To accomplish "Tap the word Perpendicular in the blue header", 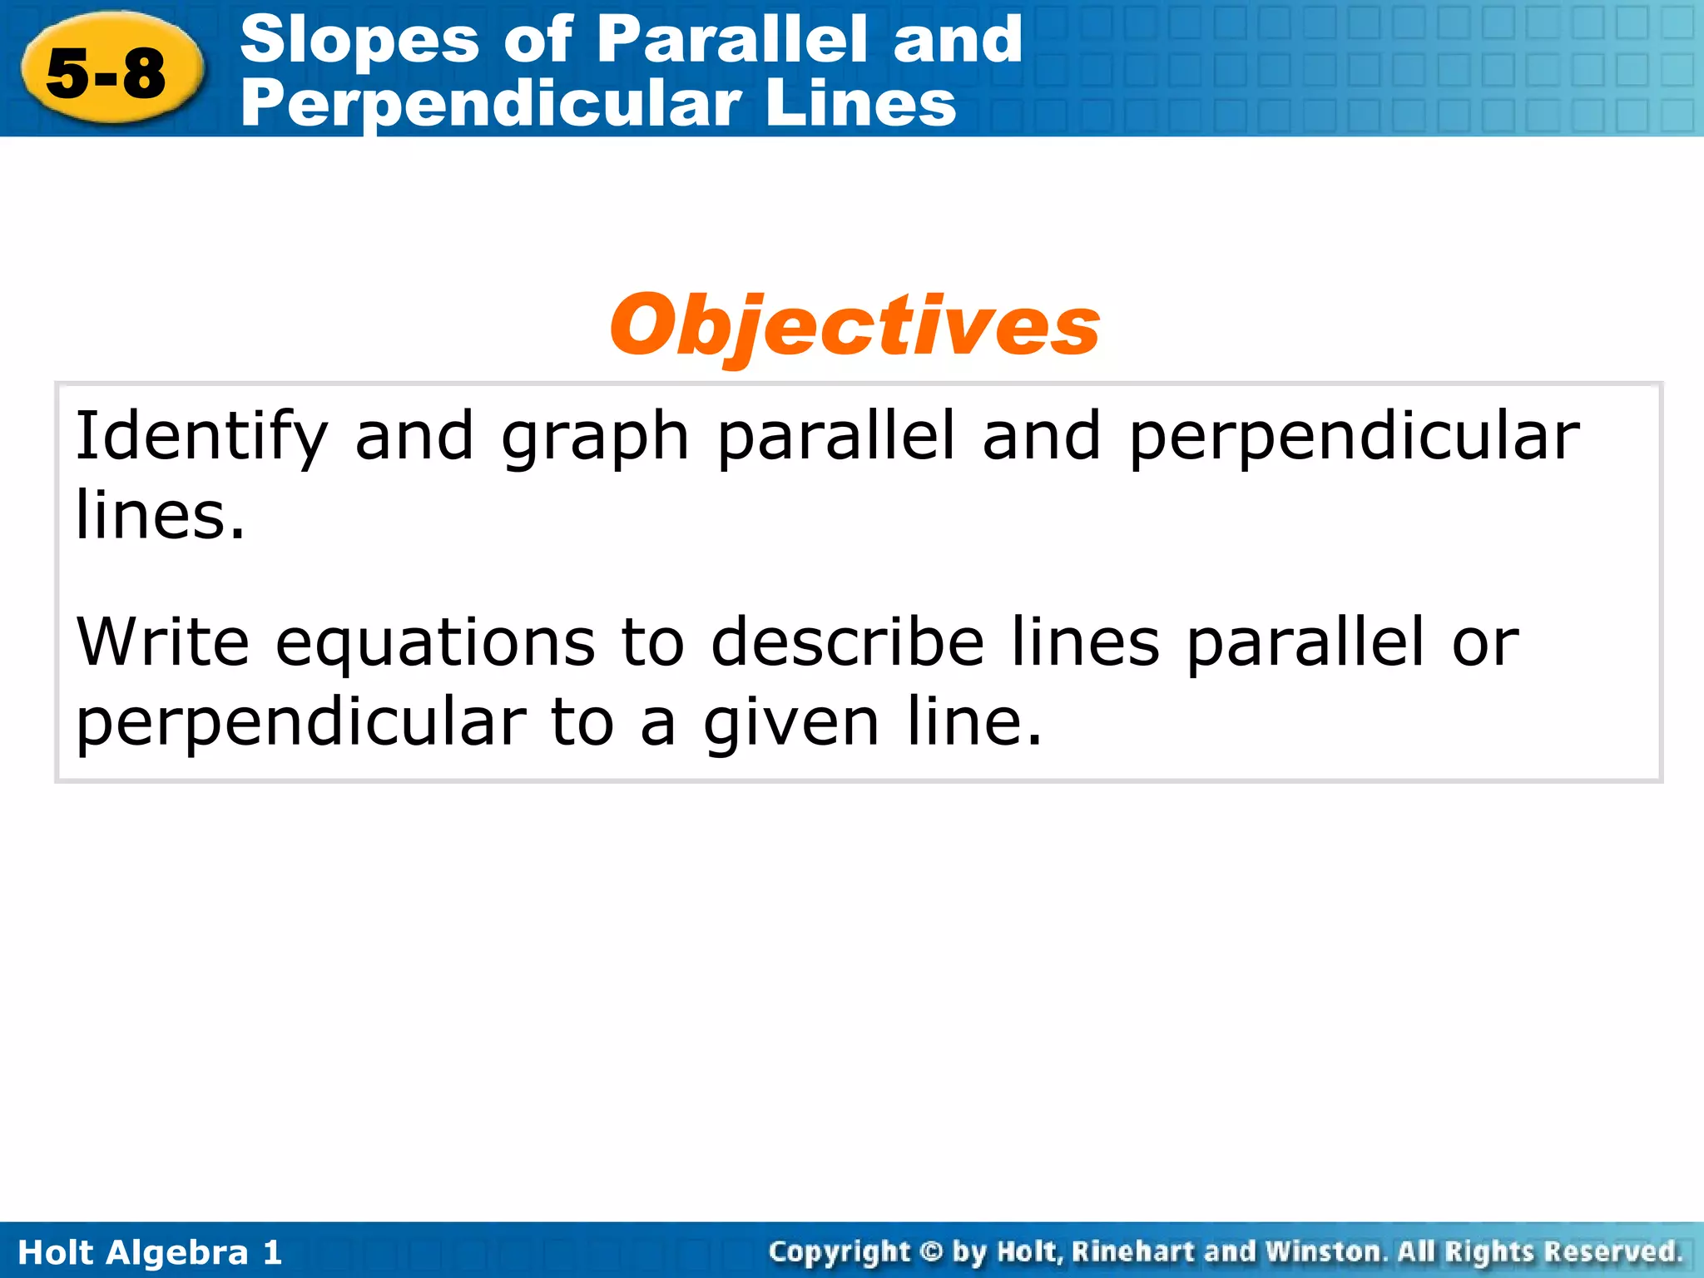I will (491, 103).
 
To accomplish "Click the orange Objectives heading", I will (854, 326).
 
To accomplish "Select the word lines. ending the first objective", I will (160, 515).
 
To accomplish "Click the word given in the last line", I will (790, 722).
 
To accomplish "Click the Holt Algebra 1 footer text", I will (150, 1252).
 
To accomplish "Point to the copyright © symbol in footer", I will (932, 1252).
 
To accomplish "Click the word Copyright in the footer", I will (840, 1252).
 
